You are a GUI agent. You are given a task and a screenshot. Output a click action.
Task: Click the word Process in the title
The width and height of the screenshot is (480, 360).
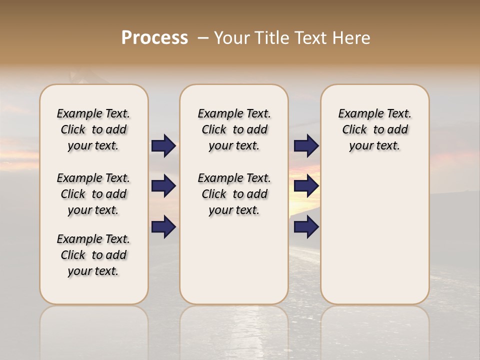click(x=154, y=38)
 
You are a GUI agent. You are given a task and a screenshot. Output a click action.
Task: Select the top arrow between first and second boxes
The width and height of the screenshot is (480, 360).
click(x=163, y=146)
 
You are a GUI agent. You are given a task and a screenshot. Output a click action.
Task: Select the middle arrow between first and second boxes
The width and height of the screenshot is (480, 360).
click(x=163, y=186)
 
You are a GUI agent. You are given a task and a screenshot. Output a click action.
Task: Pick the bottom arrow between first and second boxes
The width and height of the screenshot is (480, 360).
click(x=163, y=226)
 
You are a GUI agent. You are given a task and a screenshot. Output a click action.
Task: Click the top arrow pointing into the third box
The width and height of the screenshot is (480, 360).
click(x=306, y=146)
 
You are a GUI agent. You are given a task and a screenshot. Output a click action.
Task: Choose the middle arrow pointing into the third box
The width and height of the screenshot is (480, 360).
click(x=306, y=186)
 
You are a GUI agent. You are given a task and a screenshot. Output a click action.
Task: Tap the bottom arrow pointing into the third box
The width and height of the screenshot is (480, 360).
click(x=306, y=226)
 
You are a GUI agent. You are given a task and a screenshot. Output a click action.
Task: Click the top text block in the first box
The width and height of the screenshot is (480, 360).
click(x=93, y=129)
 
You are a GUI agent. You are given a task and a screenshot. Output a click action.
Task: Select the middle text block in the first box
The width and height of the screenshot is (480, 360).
click(x=93, y=194)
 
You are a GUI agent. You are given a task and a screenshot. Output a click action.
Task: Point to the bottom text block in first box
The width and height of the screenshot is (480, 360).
click(x=93, y=255)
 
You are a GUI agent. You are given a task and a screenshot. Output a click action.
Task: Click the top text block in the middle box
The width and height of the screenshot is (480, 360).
click(x=234, y=129)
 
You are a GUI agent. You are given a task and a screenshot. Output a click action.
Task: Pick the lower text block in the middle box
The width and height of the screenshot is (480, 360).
click(x=234, y=194)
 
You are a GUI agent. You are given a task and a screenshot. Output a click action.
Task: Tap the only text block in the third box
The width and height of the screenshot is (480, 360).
click(x=374, y=129)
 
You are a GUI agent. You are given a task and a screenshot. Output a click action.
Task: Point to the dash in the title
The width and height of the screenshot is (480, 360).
click(x=203, y=38)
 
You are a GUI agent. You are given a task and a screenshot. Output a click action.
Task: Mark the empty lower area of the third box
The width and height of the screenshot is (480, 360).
click(x=374, y=235)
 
